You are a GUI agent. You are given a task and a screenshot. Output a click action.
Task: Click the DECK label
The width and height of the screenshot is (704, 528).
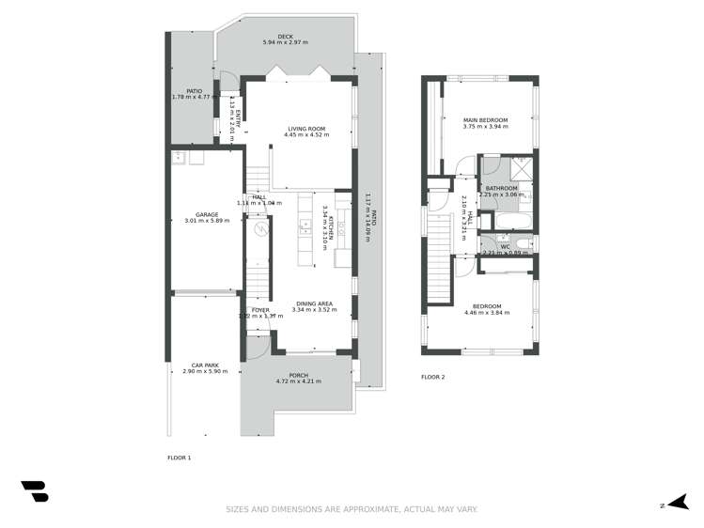[x=286, y=37]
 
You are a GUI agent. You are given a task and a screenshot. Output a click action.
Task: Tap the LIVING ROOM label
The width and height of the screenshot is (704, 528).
[x=306, y=129]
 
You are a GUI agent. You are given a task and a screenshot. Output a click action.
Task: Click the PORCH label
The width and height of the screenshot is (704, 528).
[x=298, y=375]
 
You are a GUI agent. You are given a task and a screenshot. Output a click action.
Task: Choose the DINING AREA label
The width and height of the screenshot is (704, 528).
[x=313, y=303]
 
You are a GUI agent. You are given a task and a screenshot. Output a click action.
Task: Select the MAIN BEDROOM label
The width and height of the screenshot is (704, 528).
[x=485, y=120]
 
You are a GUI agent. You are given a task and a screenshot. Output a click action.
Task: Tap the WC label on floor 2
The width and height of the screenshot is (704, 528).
[x=505, y=247]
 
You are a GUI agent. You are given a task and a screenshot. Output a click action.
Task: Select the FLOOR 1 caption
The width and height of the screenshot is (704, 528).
[x=179, y=458]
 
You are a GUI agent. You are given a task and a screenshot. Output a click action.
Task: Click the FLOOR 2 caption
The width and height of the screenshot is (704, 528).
[x=433, y=378]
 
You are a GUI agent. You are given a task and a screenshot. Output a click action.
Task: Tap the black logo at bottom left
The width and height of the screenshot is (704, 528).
[x=35, y=491]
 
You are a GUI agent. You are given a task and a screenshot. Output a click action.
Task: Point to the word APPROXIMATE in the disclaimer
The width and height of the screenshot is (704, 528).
[x=368, y=509]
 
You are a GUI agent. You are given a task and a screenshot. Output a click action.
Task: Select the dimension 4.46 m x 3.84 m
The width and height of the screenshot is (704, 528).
[x=486, y=313]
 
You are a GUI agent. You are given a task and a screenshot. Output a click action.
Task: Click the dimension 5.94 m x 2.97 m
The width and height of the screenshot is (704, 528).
[x=286, y=43]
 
